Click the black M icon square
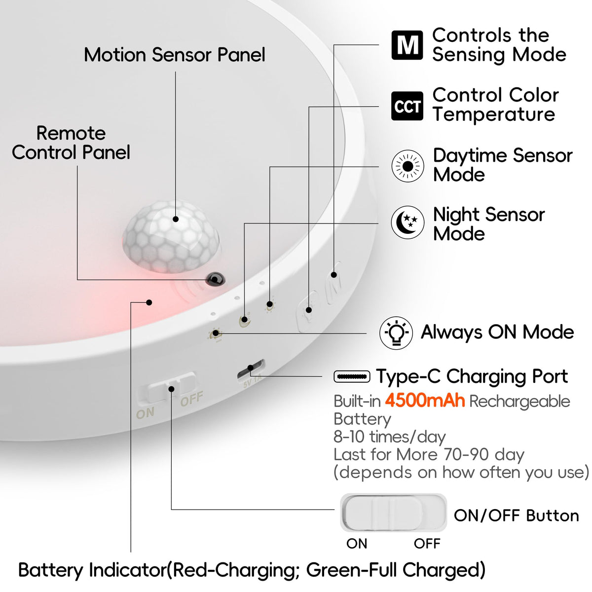point(407,45)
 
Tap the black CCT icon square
point(407,106)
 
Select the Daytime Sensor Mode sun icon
point(407,166)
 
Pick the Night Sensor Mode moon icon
point(407,222)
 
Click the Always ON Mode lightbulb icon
point(396,333)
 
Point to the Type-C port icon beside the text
point(352,377)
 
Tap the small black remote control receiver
point(214,279)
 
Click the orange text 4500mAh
point(425,401)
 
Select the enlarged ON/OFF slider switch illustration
point(393,513)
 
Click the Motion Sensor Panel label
point(174,55)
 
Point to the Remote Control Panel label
point(71,143)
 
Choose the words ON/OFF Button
point(516,516)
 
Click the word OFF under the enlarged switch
point(427,544)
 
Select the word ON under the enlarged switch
point(357,544)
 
